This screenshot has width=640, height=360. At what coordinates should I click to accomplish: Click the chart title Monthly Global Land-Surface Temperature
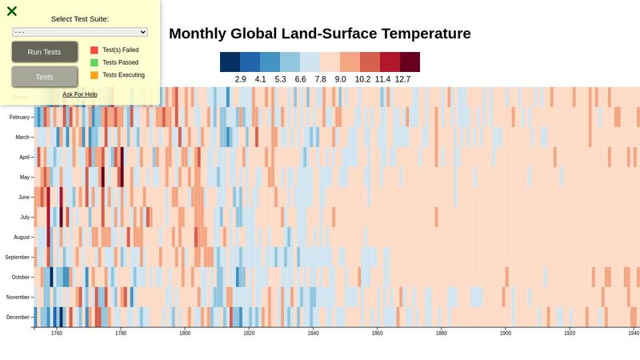(319, 34)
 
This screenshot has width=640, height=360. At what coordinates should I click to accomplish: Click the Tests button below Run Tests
(45, 77)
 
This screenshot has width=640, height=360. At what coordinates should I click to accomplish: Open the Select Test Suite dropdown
(80, 32)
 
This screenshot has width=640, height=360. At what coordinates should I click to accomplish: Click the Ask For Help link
(80, 94)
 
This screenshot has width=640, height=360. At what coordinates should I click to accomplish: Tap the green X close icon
(12, 11)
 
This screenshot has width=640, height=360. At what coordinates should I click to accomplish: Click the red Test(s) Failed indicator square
(94, 50)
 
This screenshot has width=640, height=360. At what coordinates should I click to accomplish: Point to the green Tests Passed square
(94, 62)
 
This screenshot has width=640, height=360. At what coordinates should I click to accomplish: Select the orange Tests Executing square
(94, 75)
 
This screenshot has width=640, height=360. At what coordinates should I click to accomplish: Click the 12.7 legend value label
(402, 79)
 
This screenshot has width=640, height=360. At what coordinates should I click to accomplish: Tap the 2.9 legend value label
(241, 79)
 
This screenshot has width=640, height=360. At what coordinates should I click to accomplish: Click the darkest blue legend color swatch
(230, 62)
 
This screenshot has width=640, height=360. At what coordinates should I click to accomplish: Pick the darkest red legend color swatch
(410, 62)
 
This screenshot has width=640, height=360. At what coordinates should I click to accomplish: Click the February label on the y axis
(19, 117)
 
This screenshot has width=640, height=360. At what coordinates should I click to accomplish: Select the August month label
(22, 237)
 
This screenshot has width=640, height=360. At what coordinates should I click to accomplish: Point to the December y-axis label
(18, 317)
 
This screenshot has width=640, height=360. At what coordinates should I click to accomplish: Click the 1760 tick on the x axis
(57, 333)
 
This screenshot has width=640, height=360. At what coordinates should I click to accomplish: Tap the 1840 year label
(313, 333)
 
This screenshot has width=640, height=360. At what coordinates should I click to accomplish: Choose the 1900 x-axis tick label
(506, 333)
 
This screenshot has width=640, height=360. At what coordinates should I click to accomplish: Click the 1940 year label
(634, 333)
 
